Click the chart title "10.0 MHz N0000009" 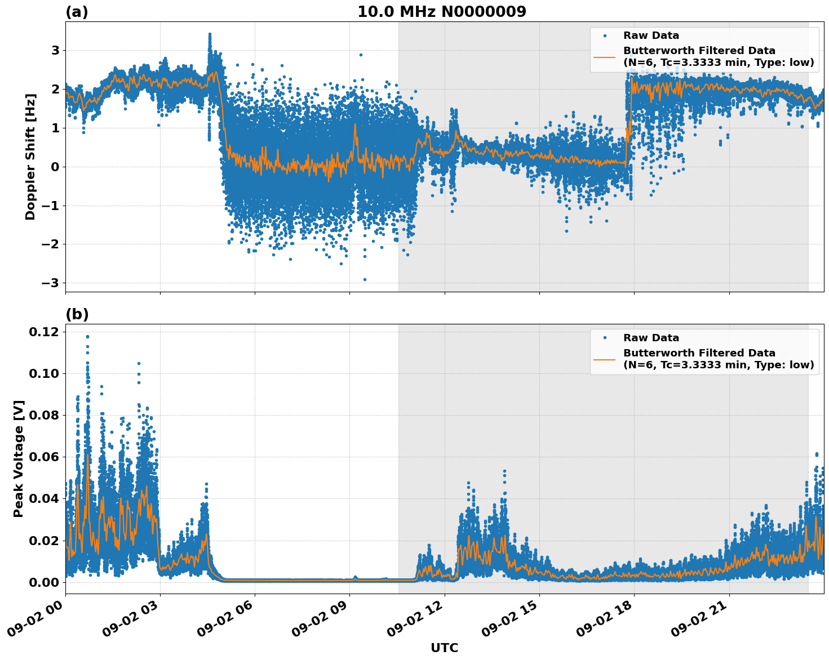point(441,12)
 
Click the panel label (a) point(77,12)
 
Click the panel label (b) point(77,314)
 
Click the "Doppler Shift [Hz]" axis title point(30,157)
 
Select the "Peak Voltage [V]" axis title point(19,458)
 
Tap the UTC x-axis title point(444,648)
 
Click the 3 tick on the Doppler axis point(55,51)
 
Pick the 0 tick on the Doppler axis point(55,167)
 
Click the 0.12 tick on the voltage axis point(44,332)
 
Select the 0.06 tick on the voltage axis point(44,457)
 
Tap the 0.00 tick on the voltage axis point(44,582)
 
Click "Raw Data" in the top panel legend point(651,35)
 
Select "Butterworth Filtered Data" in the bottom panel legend point(699,353)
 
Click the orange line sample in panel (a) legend point(605,56)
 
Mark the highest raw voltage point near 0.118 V point(87,337)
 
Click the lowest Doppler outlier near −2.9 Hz point(365,279)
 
